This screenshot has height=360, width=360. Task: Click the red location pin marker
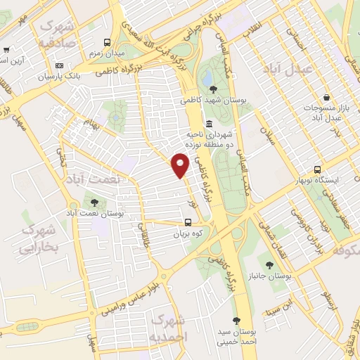(x=181, y=165)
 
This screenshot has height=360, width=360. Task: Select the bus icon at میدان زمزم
(x=107, y=41)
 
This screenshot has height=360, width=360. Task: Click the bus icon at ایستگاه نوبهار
(x=317, y=169)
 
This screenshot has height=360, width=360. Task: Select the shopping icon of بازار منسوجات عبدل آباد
(x=326, y=97)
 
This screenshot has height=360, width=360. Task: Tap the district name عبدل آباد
(x=286, y=69)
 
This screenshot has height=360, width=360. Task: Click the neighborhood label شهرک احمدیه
(x=170, y=328)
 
